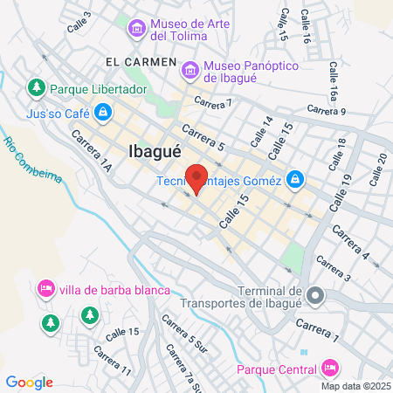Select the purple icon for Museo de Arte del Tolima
[136, 29]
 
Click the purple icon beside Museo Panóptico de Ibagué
[189, 67]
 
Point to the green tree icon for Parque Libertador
[36, 87]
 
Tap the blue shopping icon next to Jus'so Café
[104, 112]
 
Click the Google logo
[29, 382]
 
